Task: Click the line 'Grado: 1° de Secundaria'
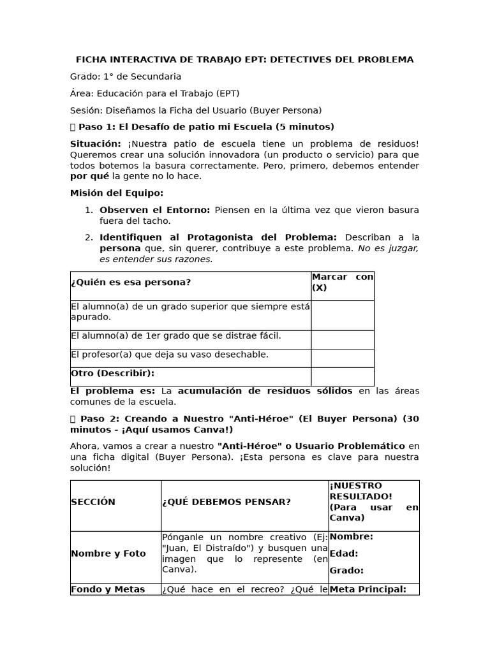point(126,77)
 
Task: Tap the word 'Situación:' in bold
point(95,144)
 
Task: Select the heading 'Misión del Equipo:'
point(116,193)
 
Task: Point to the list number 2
point(89,237)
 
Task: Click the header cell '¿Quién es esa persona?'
point(131,282)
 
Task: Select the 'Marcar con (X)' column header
point(342,282)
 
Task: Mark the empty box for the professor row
point(342,358)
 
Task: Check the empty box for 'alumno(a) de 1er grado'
point(342,339)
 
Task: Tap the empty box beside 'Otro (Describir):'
point(342,376)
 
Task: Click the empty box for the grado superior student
point(342,315)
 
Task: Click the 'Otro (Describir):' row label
point(113,373)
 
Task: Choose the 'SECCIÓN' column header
point(93,502)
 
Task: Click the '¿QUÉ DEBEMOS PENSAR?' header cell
point(226,502)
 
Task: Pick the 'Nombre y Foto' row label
point(108,554)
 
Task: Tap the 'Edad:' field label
point(343,554)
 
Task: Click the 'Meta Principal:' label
point(367,589)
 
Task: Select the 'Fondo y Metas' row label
point(108,589)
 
